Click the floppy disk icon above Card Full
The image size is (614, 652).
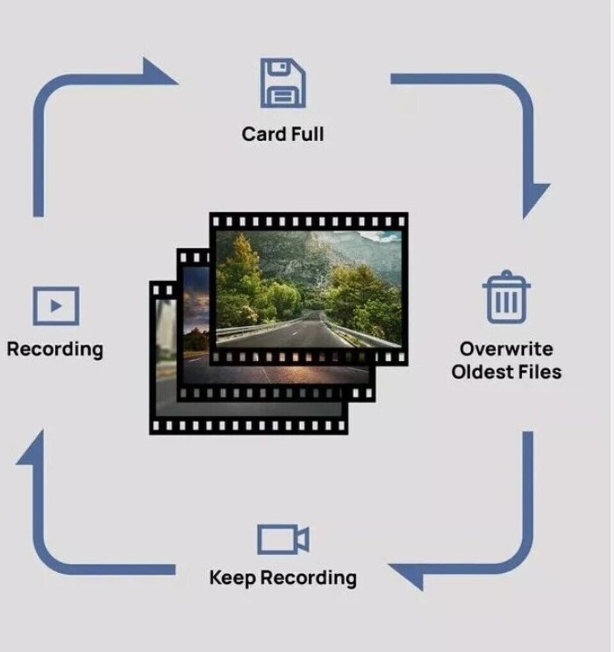(x=283, y=83)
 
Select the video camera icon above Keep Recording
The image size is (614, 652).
(x=283, y=540)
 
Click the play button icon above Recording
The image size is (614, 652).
(x=56, y=306)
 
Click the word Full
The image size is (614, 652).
(x=304, y=135)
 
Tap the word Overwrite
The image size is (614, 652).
(x=506, y=349)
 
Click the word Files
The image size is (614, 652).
(x=540, y=372)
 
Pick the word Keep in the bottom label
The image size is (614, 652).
(x=233, y=578)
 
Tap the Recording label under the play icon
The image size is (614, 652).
(x=55, y=350)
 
